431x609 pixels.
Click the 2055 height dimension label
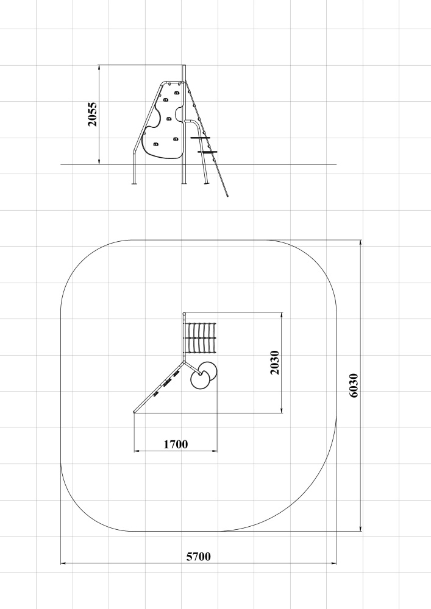(x=93, y=114)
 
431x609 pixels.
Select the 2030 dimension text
(x=274, y=362)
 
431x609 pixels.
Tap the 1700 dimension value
(x=176, y=444)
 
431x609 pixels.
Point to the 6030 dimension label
(x=354, y=385)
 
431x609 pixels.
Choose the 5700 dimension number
(x=199, y=557)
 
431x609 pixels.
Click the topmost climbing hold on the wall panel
(x=177, y=93)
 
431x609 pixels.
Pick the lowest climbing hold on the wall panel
(x=155, y=145)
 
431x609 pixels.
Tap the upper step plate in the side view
(x=200, y=138)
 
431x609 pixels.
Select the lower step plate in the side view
(x=207, y=152)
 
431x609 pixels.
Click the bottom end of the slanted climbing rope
(x=227, y=195)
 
